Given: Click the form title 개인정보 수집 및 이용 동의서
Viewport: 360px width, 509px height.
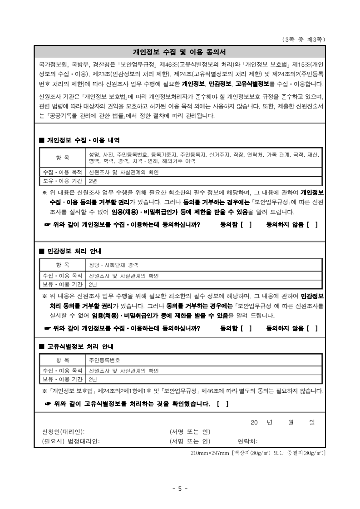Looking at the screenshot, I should click(179, 51).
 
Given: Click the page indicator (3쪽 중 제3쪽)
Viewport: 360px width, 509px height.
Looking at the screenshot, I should click(303, 40).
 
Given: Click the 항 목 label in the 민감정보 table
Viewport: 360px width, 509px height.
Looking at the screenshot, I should click(63, 264).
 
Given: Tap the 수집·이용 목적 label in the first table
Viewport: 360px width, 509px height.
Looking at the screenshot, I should click(63, 173).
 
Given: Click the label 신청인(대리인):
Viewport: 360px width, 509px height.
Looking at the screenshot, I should click(63, 431).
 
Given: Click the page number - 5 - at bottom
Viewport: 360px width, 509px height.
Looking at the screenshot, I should click(180, 489).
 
